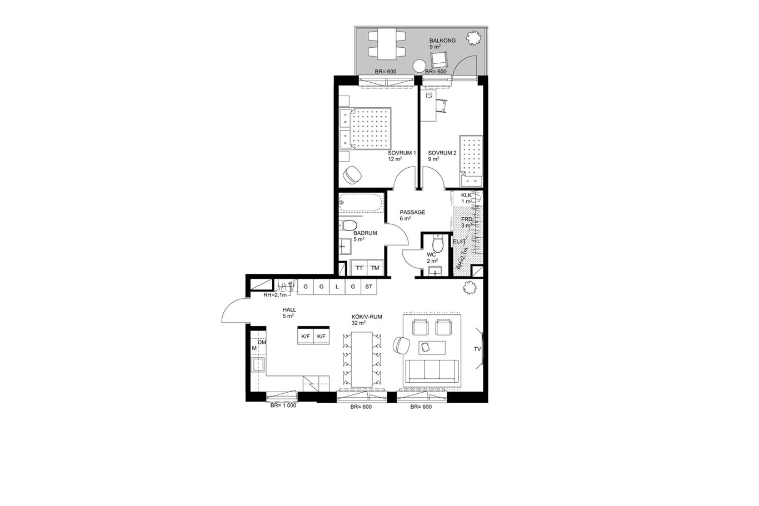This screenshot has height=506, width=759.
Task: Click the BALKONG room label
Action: click(x=442, y=41)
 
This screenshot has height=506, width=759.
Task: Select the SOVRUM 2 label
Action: click(x=442, y=153)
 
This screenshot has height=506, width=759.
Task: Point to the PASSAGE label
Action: click(x=412, y=212)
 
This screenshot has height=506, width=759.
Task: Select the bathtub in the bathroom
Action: click(x=361, y=203)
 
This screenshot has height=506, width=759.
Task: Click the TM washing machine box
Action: click(x=375, y=268)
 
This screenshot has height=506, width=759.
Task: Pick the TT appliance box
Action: click(x=359, y=268)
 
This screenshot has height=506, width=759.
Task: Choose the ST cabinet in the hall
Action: click(x=368, y=287)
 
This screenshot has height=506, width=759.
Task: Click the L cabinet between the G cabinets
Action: click(x=337, y=287)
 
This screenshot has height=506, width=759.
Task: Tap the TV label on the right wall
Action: click(x=477, y=349)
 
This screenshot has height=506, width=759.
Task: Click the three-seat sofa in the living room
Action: click(x=432, y=371)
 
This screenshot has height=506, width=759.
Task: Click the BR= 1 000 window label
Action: click(x=283, y=405)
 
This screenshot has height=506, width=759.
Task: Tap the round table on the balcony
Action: click(x=419, y=66)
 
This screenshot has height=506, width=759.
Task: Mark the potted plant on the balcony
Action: click(x=473, y=38)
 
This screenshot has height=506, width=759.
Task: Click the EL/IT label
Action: click(x=460, y=242)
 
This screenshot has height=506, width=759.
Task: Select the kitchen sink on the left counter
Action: click(x=258, y=365)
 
